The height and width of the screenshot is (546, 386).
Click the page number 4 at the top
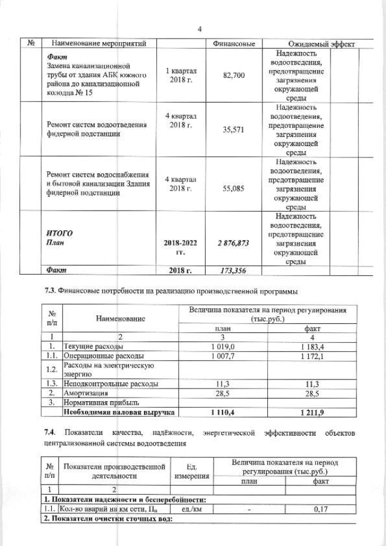click(x=199, y=28)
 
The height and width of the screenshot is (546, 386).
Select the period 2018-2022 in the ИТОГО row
click(x=181, y=243)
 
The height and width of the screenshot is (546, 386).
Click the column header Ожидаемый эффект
click(x=319, y=45)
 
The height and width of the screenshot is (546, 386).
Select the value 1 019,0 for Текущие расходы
click(x=223, y=347)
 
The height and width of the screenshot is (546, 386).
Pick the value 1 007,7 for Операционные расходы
click(x=223, y=356)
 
